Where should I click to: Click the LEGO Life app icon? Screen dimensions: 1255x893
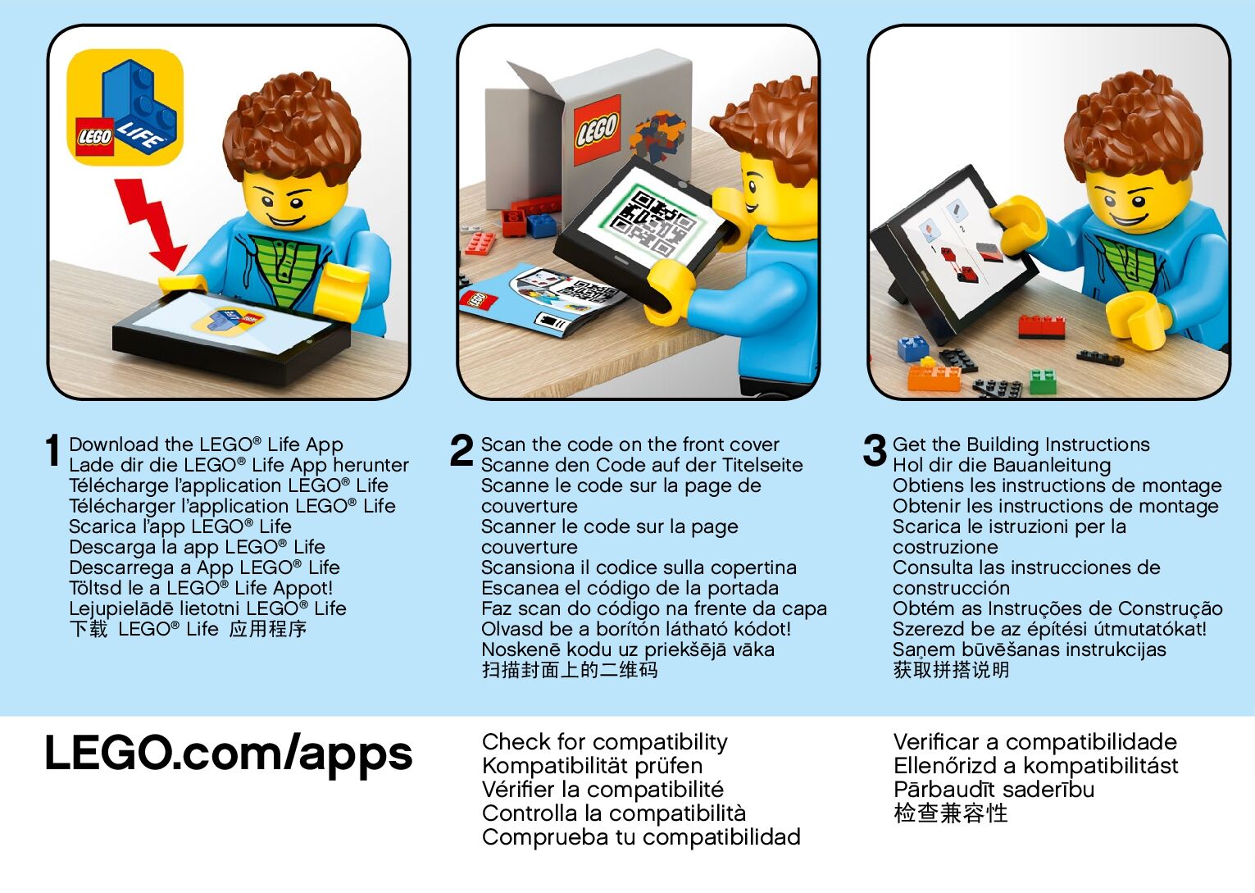[x=125, y=107]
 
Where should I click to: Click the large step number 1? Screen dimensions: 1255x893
[x=52, y=450]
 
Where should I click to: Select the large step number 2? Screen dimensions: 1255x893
[x=462, y=450]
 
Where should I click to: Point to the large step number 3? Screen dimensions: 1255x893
[x=875, y=450]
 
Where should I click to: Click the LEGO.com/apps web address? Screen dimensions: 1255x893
[x=229, y=754]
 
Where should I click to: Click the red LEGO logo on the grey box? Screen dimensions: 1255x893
[x=598, y=130]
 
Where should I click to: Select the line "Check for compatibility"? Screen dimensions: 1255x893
[x=604, y=742]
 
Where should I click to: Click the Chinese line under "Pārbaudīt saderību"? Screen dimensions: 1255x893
[x=950, y=813]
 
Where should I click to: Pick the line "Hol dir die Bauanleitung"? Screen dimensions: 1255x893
[x=1002, y=465]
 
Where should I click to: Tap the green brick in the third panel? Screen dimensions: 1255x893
[x=1043, y=381]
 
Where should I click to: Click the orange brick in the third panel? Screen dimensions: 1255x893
[x=934, y=377]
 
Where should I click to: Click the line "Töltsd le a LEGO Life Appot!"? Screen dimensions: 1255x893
[x=201, y=588]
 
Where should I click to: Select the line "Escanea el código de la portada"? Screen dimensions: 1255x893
[x=630, y=588]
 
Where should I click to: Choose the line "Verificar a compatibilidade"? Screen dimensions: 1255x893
[x=1034, y=742]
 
